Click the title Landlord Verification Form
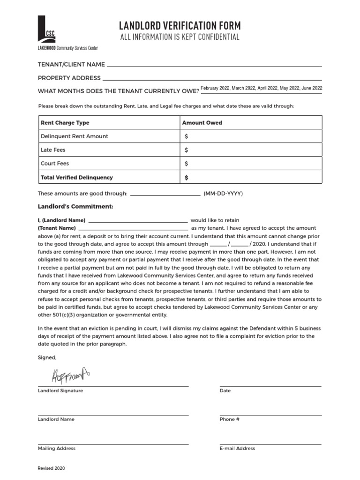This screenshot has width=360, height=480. coord(180,25)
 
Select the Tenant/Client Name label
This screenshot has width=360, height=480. coord(71,64)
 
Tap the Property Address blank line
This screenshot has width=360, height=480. coord(212,78)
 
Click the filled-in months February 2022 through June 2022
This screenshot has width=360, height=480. coord(261,88)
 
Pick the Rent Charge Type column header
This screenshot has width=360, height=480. coord(65,123)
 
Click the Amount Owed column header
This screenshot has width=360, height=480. coord(202,123)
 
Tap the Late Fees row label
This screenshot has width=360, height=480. coord(53,150)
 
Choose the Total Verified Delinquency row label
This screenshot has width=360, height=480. coord(77,178)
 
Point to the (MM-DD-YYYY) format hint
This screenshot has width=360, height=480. coord(223,194)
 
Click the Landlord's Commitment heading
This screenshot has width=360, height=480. coord(75,206)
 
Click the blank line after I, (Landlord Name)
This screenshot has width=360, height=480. coord(138,220)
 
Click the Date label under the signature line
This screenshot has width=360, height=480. coord(225,390)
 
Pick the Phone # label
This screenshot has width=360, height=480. coord(229,419)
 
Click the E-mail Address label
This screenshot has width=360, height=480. coord(237,448)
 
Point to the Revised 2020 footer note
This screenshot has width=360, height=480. coord(52,468)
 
